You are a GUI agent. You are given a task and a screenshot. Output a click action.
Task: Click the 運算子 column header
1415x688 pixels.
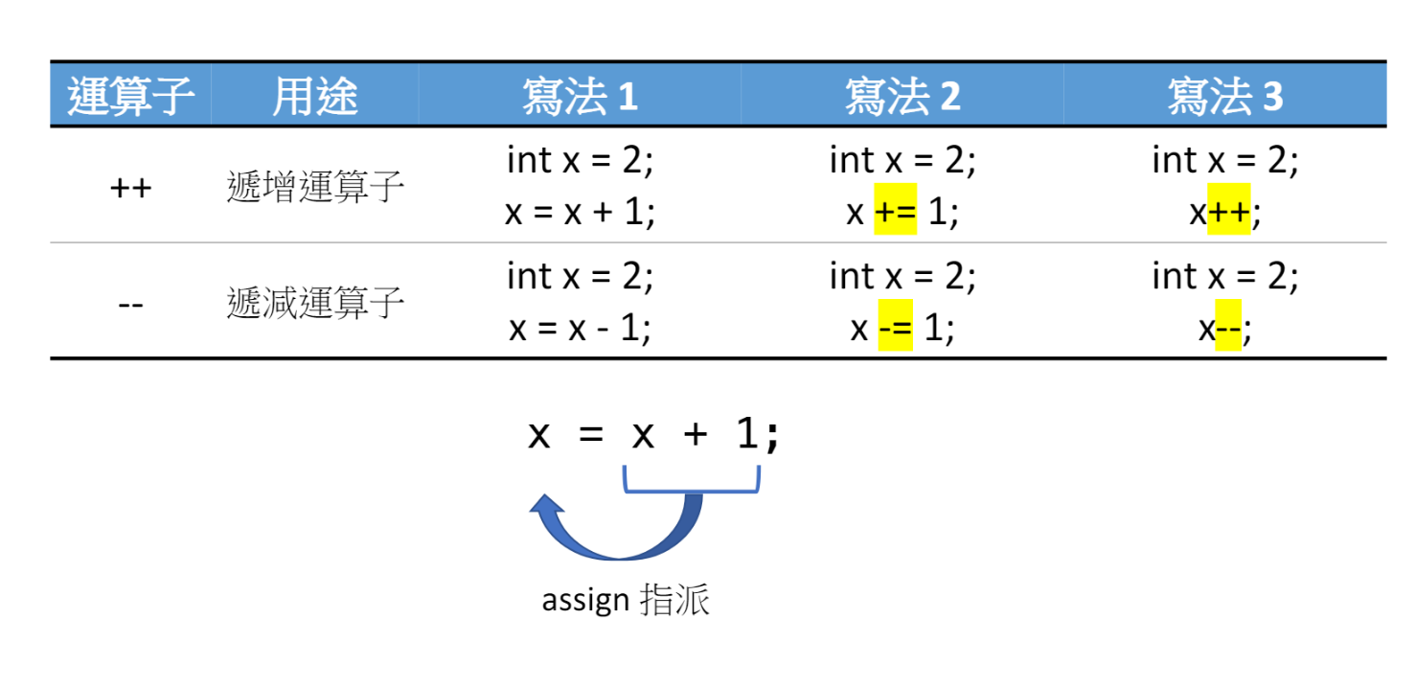click(130, 96)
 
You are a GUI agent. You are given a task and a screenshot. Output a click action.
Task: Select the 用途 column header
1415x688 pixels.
click(314, 96)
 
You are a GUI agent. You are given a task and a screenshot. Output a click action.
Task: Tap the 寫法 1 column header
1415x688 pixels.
click(580, 96)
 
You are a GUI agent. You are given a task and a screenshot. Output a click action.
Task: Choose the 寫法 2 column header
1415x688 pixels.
click(902, 96)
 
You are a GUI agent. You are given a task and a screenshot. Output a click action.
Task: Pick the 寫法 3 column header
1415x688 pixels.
click(1224, 96)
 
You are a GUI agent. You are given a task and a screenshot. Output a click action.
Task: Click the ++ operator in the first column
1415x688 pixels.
click(130, 188)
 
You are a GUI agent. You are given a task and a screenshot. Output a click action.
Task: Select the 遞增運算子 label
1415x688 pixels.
click(315, 188)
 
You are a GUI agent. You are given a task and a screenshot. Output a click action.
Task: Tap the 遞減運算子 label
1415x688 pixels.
click(315, 305)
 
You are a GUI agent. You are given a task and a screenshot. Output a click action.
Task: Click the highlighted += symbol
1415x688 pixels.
click(895, 212)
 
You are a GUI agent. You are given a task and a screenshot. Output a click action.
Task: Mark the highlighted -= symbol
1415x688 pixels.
click(896, 330)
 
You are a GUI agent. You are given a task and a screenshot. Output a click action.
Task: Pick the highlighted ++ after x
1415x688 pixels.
click(1228, 212)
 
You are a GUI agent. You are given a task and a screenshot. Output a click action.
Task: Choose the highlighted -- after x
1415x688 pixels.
click(1227, 330)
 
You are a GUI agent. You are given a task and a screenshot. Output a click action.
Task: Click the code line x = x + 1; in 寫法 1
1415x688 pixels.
click(580, 213)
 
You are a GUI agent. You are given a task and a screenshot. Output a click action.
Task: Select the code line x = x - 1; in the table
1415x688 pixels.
click(580, 330)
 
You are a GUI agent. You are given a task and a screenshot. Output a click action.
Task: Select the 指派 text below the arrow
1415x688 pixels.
click(674, 601)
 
